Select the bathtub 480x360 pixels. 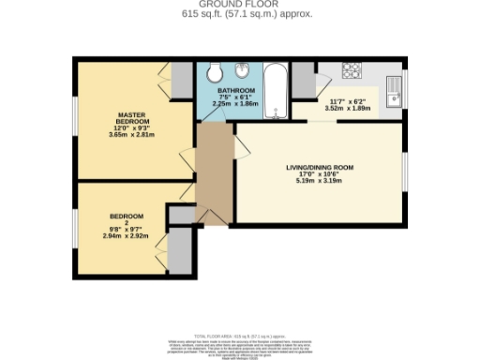click(276, 89)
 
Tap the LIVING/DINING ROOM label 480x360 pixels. click(320, 168)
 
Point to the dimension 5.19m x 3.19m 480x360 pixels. click(320, 180)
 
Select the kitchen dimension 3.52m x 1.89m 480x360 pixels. click(349, 108)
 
